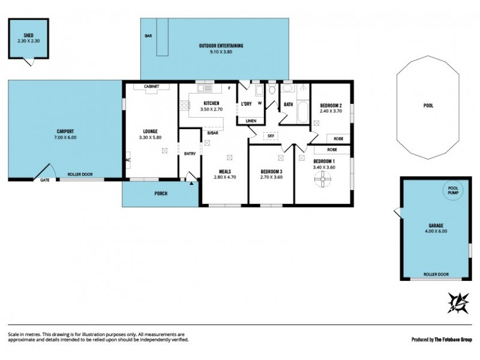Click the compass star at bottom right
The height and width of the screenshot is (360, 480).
pyautogui.click(x=458, y=302)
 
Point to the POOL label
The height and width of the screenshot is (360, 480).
pyautogui.click(x=428, y=105)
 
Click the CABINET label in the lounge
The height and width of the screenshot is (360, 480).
pyautogui.click(x=151, y=87)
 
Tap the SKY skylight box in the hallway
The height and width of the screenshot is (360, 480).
pyautogui.click(x=271, y=136)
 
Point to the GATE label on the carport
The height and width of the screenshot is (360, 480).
pyautogui.click(x=44, y=179)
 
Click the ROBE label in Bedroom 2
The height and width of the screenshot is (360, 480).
pyautogui.click(x=338, y=137)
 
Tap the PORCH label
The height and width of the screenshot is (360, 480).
pyautogui.click(x=160, y=193)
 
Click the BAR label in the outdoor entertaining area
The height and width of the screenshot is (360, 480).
pyautogui.click(x=148, y=37)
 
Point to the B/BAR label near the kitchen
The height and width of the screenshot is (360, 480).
pyautogui.click(x=212, y=133)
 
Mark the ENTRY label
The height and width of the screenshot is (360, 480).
pyautogui.click(x=190, y=154)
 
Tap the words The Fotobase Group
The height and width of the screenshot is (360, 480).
pyautogui.click(x=452, y=339)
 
